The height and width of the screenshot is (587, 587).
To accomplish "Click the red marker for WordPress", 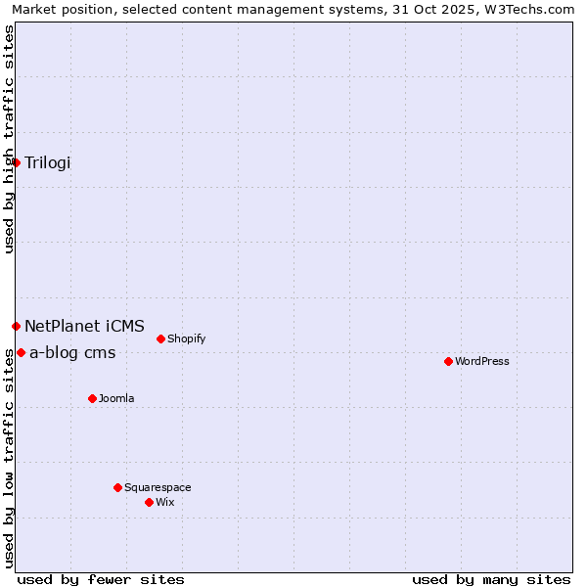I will point(448,361).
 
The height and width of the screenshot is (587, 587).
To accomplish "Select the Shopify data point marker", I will point(160,339).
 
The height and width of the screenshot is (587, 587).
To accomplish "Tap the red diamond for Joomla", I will point(92,398).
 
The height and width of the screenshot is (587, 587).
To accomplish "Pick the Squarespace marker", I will point(117,487).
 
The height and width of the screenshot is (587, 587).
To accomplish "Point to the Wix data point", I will point(149,502).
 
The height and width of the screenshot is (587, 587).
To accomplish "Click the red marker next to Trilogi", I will point(17,162).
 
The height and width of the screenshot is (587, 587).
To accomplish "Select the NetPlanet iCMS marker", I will point(17,326).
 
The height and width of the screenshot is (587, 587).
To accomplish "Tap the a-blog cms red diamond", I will point(21,352).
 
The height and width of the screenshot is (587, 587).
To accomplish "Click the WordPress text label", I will point(482,361).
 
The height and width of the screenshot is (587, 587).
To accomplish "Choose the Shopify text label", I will point(186,339).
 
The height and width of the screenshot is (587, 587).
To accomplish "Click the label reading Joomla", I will point(116,398).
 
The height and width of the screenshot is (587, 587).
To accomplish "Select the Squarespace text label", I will point(158,487).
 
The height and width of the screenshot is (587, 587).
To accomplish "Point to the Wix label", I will point(164,502).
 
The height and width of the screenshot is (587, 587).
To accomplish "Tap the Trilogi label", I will point(48,162).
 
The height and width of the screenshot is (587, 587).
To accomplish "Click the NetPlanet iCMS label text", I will point(84,326).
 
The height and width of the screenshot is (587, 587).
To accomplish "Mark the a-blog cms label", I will point(72,353).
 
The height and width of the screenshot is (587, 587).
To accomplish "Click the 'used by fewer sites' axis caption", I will point(101,579).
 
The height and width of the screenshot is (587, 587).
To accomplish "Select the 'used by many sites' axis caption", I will point(491,579).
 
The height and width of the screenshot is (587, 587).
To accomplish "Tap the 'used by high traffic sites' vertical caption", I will point(9,139).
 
